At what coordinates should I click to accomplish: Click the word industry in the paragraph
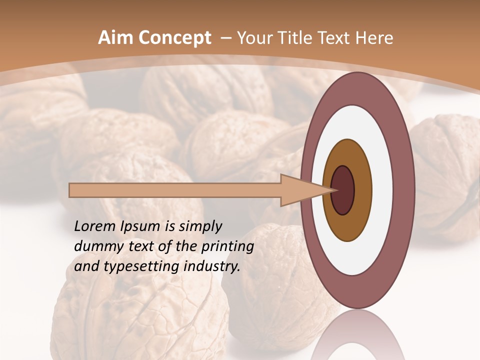click(211, 266)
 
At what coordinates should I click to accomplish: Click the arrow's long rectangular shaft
click(175, 190)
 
